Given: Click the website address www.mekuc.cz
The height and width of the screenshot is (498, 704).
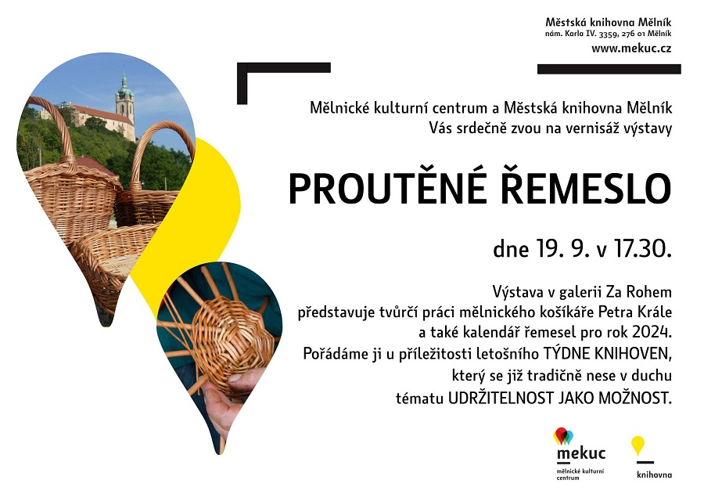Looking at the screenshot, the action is (631, 49).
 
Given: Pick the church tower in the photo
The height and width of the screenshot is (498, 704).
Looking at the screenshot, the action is (124, 99).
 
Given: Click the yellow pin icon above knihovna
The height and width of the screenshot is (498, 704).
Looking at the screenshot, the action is (638, 446).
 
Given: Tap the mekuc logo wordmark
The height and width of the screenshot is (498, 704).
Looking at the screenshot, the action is (581, 453).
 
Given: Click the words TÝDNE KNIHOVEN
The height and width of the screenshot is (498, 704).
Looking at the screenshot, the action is (608, 354).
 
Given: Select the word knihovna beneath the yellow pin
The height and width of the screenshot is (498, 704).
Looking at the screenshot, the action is (654, 475).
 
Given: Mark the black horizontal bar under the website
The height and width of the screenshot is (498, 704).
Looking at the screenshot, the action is (609, 69).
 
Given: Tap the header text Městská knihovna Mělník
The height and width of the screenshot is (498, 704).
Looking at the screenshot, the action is (609, 22).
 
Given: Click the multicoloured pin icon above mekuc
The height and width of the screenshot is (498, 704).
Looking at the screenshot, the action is (563, 436).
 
